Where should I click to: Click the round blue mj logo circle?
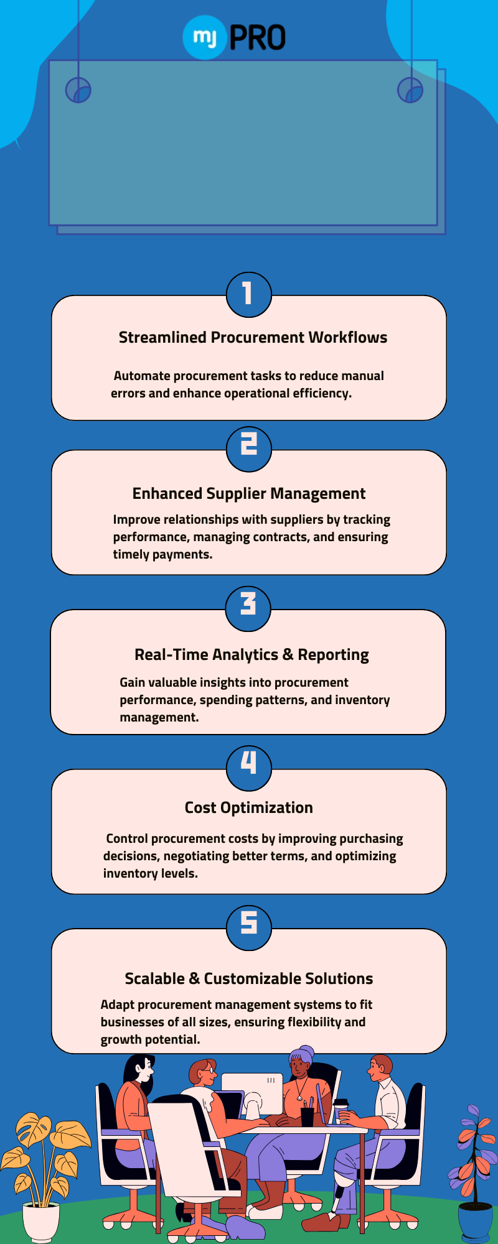pos(204,37)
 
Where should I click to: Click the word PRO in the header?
pos(258,37)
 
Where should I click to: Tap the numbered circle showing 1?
pos(248,294)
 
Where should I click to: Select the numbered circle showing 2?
pos(248,448)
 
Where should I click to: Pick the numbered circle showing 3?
pos(248,608)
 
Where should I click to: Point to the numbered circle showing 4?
pos(248,768)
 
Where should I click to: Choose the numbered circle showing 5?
pos(248,927)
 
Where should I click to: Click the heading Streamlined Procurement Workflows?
pos(253,338)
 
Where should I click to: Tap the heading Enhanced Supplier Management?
pos(249,494)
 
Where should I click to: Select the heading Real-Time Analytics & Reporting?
pos(251,655)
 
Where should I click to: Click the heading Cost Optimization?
pos(249,808)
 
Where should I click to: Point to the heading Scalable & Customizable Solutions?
pos(249,979)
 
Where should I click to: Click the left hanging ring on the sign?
pos(78,91)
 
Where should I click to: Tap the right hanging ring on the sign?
pos(410,91)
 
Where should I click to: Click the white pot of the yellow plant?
pos(41,1222)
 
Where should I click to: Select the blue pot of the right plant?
pos(475,1223)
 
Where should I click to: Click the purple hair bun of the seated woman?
pos(306,1052)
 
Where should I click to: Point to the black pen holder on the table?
pos(308,1116)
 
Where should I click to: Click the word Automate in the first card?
pos(142,376)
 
